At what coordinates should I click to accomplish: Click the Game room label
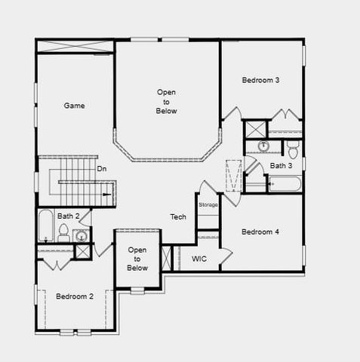(74, 106)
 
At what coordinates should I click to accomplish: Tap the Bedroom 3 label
(261, 80)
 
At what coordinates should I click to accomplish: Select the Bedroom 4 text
(260, 232)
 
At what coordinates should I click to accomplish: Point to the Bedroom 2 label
(75, 296)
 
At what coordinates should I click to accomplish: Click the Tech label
(178, 217)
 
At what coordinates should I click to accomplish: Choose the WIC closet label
(199, 259)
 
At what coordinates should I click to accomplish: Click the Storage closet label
(208, 205)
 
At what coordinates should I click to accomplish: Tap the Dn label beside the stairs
(102, 169)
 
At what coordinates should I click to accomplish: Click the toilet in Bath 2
(64, 234)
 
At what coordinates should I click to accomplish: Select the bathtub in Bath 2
(46, 226)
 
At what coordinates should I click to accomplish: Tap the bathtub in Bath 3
(285, 183)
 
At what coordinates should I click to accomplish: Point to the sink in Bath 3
(263, 146)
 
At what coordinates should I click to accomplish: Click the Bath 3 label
(281, 166)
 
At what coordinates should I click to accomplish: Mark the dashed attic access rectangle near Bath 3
(234, 176)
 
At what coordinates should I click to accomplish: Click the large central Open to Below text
(167, 101)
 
